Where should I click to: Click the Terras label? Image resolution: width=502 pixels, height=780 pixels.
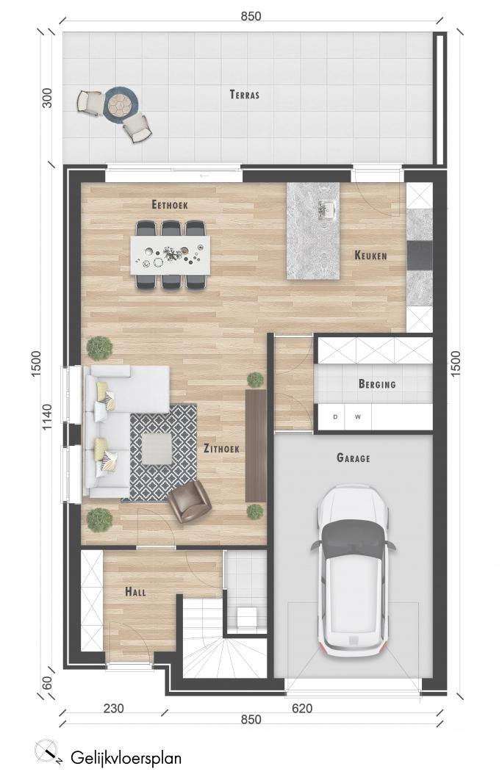tap(245, 95)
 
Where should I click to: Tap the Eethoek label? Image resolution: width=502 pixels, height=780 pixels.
tap(170, 204)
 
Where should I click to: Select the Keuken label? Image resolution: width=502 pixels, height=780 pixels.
tap(370, 256)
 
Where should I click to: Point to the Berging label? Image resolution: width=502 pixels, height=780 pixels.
tap(377, 384)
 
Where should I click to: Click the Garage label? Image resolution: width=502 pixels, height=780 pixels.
tap(354, 458)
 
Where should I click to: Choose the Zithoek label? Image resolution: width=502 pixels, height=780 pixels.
tap(222, 448)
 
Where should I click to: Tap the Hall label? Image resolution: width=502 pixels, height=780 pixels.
tap(135, 592)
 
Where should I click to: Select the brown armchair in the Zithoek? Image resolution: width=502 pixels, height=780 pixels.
tap(190, 502)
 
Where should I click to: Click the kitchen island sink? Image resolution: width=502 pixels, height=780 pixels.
tap(327, 209)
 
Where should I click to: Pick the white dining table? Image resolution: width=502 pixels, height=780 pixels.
tap(170, 255)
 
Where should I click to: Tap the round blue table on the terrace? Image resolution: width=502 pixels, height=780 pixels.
tap(120, 104)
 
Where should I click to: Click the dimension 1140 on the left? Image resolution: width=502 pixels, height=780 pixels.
tap(46, 417)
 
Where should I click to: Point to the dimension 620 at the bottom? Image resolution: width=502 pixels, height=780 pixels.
tap(302, 708)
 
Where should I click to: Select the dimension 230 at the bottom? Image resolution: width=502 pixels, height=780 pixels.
tap(113, 708)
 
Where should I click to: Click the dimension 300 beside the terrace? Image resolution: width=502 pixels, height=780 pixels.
tap(47, 98)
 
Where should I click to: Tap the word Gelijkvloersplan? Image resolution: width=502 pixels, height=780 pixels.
tap(126, 758)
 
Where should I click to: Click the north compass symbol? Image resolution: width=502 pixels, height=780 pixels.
tap(47, 751)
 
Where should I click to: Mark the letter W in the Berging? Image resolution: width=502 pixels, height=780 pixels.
tap(358, 417)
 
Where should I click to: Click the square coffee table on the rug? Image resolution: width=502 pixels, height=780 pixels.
tap(157, 449)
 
